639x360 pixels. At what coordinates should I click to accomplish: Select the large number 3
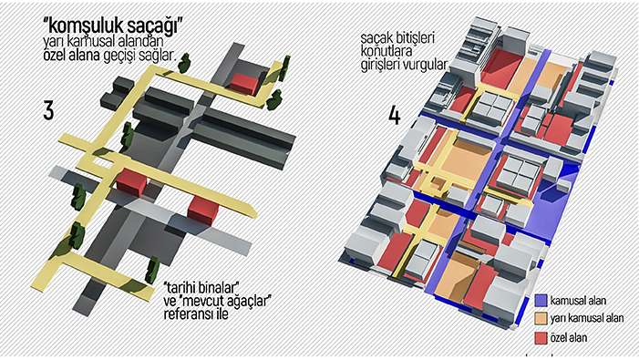48,110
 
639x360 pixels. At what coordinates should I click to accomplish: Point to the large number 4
394,115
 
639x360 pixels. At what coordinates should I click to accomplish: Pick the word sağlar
159,56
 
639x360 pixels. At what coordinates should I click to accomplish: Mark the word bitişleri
413,38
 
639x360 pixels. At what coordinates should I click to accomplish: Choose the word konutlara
386,52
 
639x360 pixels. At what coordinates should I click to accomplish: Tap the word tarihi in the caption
181,287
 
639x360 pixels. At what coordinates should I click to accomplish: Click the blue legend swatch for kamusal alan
540,301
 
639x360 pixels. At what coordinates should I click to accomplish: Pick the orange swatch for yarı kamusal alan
540,319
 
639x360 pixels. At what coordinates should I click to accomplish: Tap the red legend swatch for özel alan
540,337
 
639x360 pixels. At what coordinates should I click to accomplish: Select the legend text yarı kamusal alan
586,318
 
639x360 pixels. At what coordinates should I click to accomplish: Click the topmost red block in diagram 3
244,84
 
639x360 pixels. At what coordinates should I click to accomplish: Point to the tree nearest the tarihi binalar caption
153,269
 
